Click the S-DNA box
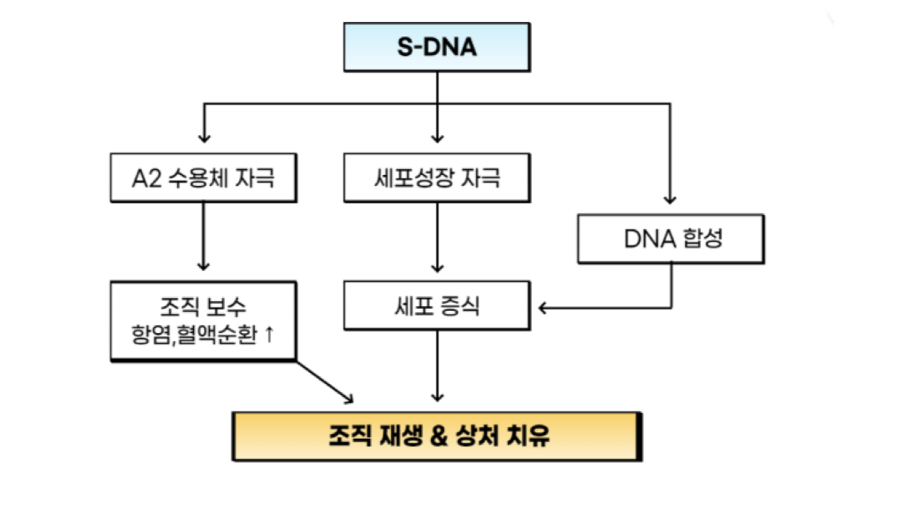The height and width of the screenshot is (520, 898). [437, 47]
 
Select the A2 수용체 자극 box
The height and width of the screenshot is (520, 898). [204, 178]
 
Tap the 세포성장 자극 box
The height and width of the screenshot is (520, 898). [437, 178]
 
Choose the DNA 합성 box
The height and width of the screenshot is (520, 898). [671, 239]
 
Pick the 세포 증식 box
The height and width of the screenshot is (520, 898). [437, 306]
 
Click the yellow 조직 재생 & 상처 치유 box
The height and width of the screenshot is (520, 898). [437, 436]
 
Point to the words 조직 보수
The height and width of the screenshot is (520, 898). [203, 307]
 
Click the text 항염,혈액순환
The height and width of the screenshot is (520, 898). [194, 335]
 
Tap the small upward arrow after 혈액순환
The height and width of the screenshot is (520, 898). [269, 334]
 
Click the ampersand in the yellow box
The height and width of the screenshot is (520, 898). [439, 436]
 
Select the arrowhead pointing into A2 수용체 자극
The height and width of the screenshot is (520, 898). [204, 138]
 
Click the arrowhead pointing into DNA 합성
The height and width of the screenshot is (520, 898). [670, 199]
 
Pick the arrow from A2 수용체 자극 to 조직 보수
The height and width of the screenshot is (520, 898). [204, 236]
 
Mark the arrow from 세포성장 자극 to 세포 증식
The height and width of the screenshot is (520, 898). [437, 238]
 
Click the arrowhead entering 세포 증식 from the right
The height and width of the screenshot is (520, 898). [542, 308]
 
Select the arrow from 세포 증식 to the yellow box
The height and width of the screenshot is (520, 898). [437, 366]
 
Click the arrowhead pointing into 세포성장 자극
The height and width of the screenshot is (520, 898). [437, 138]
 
